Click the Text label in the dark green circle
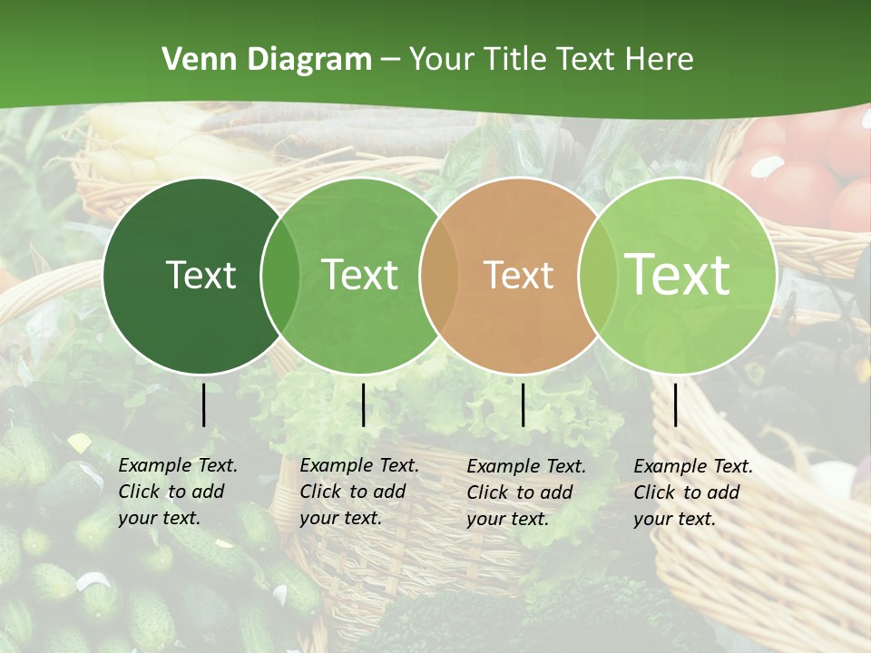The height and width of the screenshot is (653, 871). click(x=201, y=275)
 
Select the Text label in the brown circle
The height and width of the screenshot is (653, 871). click(x=518, y=275)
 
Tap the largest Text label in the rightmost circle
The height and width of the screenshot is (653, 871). click(x=678, y=275)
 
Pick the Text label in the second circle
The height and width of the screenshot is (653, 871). click(x=359, y=275)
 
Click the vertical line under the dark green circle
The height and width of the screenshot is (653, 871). click(x=204, y=404)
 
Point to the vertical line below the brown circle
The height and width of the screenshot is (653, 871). click(x=524, y=404)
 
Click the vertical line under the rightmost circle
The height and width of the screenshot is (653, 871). click(x=676, y=404)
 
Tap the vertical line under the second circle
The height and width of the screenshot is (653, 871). click(x=363, y=404)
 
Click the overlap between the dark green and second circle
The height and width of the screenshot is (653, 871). click(x=280, y=276)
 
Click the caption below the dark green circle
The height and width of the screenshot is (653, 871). click(x=178, y=492)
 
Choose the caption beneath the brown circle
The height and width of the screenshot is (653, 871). click(x=526, y=492)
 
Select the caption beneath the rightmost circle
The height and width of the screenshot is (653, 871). click(x=693, y=492)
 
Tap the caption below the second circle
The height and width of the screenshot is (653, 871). click(x=359, y=492)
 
